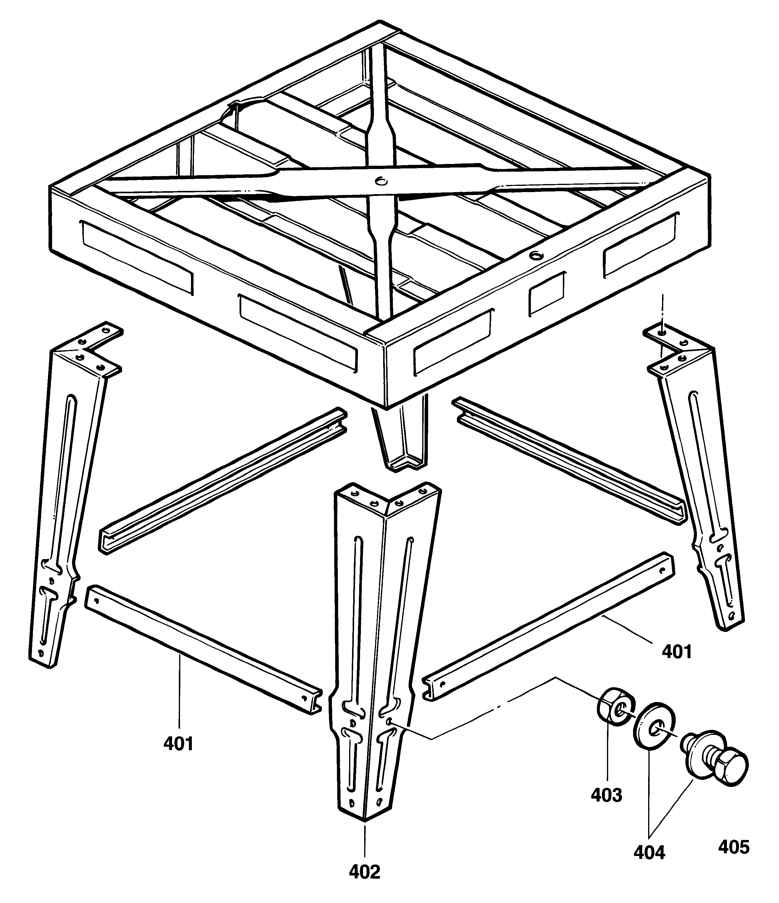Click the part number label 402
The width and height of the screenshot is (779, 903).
pos(365,884)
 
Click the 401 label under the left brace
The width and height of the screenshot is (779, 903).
pos(178,743)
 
